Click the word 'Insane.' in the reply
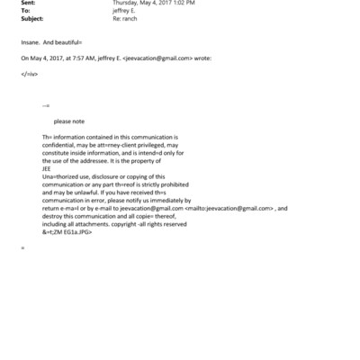[x=31, y=41]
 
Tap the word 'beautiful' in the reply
[x=67, y=41]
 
